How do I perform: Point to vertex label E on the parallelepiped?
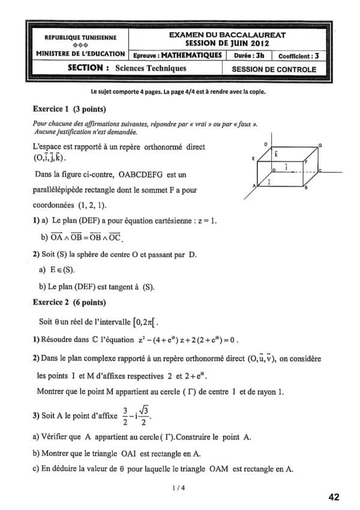click(254, 158)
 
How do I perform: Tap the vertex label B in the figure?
click(307, 188)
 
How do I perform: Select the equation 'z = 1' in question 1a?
click(206, 220)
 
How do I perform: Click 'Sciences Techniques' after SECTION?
click(151, 68)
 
